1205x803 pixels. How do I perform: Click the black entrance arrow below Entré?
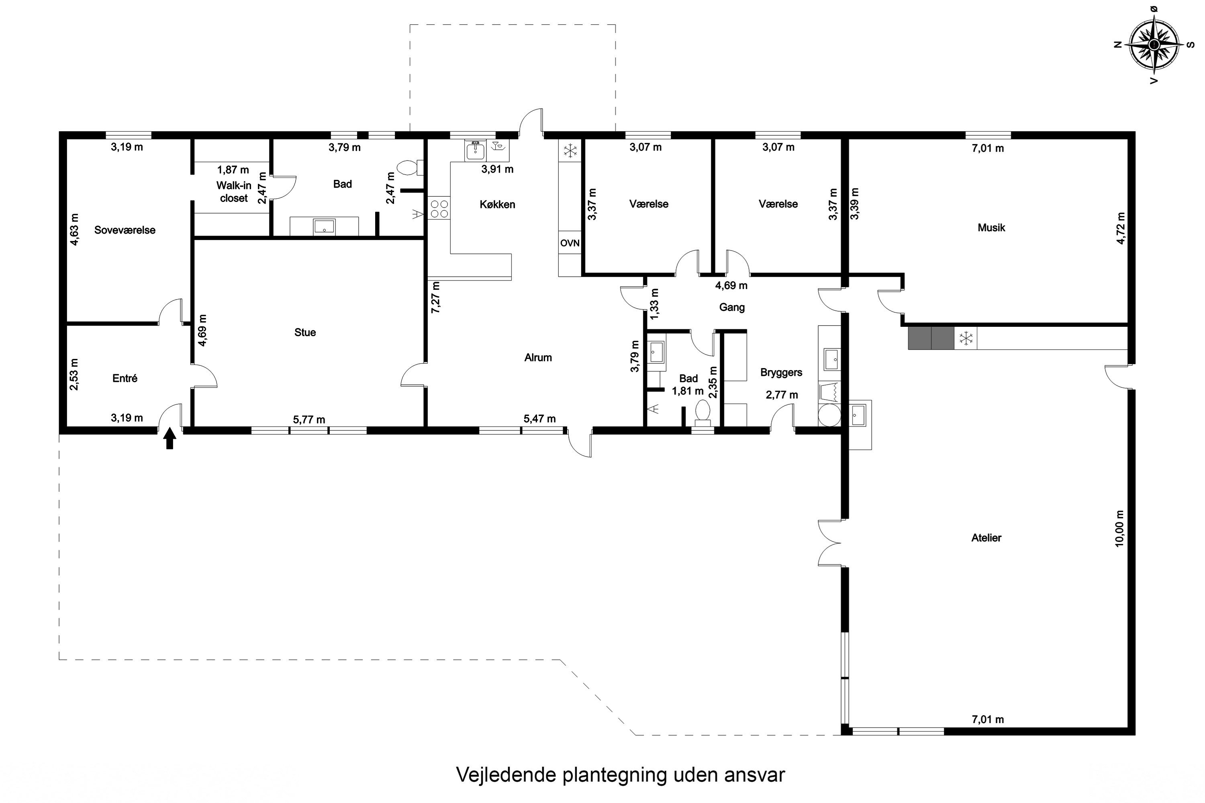pyautogui.click(x=170, y=439)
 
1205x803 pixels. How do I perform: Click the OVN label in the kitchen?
pyautogui.click(x=570, y=243)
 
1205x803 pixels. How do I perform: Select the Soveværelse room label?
pyautogui.click(x=125, y=230)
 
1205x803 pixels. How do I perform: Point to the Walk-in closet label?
pyautogui.click(x=234, y=192)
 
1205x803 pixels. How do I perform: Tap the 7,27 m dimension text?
pyautogui.click(x=435, y=298)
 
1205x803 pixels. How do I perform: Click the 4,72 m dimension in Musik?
pyautogui.click(x=1121, y=228)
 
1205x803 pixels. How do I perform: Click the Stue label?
pyautogui.click(x=305, y=333)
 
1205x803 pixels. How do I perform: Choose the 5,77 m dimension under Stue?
pyautogui.click(x=309, y=420)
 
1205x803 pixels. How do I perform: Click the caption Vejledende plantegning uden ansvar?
pyautogui.click(x=620, y=775)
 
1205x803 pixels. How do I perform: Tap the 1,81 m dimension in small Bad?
pyautogui.click(x=688, y=391)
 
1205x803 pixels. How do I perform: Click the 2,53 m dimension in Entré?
pyautogui.click(x=75, y=374)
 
